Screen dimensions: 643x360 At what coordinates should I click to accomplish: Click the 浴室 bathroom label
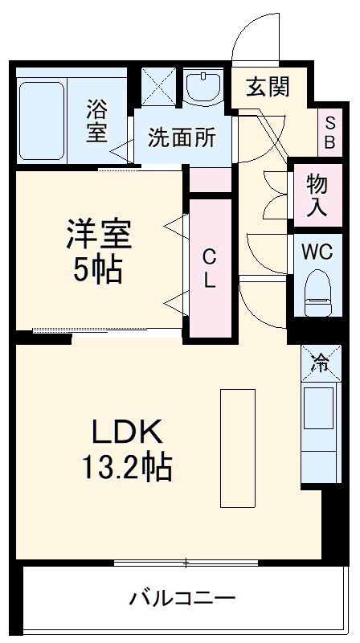[x=96, y=120]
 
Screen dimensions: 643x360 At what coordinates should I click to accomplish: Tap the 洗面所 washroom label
[x=181, y=137]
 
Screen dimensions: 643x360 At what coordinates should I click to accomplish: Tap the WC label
[x=316, y=250]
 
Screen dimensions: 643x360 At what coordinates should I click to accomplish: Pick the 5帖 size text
[x=98, y=271]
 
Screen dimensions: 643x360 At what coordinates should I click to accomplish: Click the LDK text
[x=129, y=432]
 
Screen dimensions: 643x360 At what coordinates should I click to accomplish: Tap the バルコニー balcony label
[x=182, y=599]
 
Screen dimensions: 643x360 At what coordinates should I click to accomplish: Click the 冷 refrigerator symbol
[x=320, y=363]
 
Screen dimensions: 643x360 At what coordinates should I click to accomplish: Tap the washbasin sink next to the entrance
[x=205, y=88]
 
